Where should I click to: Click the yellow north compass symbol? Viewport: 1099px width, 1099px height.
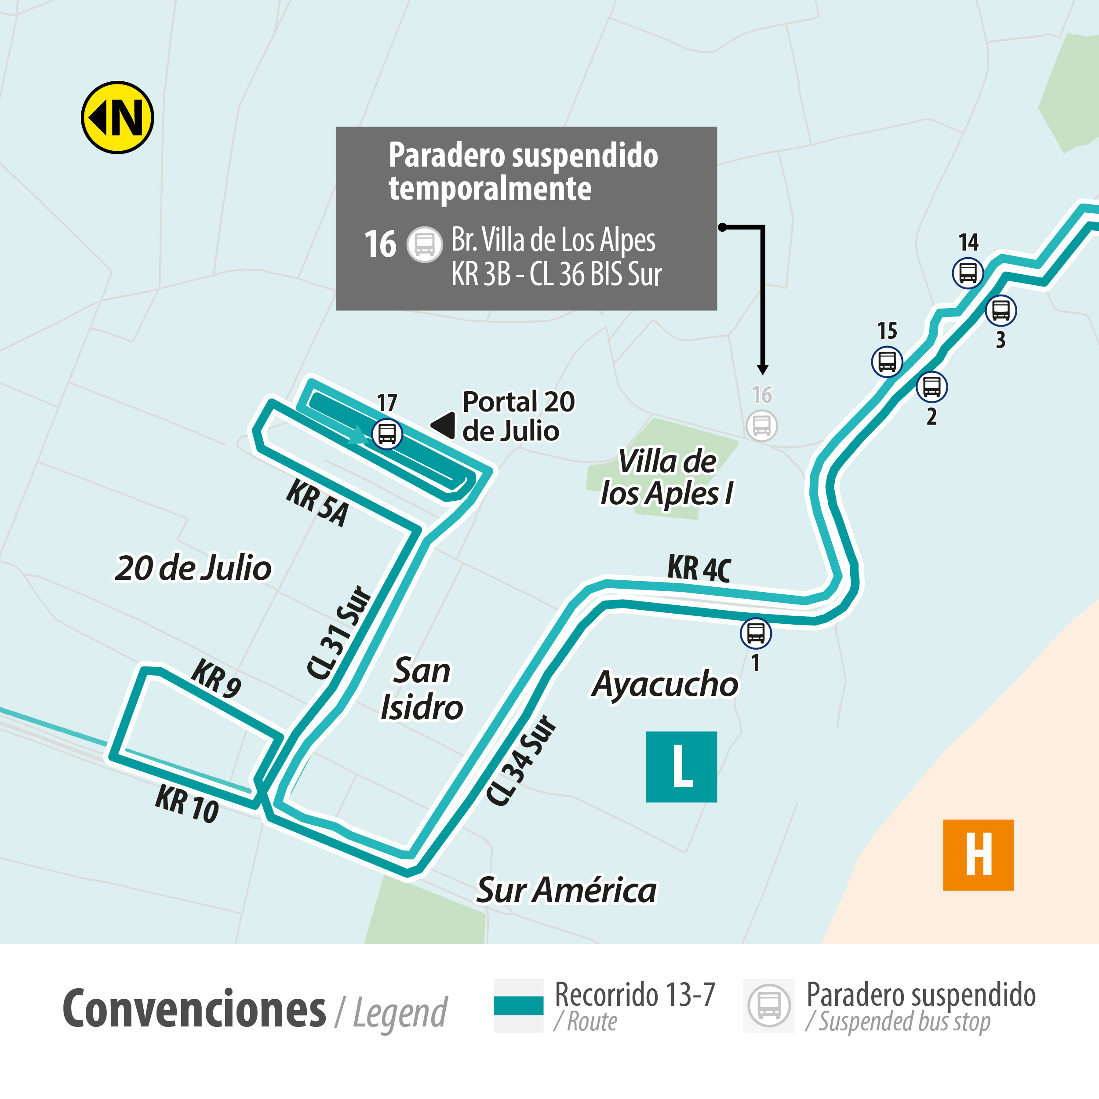(x=117, y=117)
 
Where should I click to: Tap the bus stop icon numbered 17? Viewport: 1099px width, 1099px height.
(x=387, y=433)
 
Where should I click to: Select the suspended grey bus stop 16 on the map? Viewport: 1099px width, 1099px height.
(x=762, y=425)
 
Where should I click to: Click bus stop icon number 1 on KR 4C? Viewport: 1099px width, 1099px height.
(x=755, y=633)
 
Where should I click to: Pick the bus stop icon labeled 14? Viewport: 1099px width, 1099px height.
(x=968, y=273)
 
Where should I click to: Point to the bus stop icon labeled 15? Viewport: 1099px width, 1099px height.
(x=887, y=361)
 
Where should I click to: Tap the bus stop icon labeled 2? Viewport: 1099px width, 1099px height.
(x=931, y=387)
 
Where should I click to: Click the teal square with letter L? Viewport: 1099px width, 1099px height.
(x=681, y=767)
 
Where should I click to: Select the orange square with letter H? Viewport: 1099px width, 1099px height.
(x=978, y=855)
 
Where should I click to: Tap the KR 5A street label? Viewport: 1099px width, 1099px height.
(x=317, y=503)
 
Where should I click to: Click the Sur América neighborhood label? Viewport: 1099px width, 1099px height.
(x=566, y=890)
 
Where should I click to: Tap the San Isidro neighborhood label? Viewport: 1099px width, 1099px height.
(x=422, y=689)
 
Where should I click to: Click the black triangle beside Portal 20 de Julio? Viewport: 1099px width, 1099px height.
(x=443, y=426)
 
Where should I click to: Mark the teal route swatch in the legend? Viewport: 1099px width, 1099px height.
(x=518, y=1005)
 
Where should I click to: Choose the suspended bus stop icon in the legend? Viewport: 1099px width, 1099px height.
(x=769, y=1005)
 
